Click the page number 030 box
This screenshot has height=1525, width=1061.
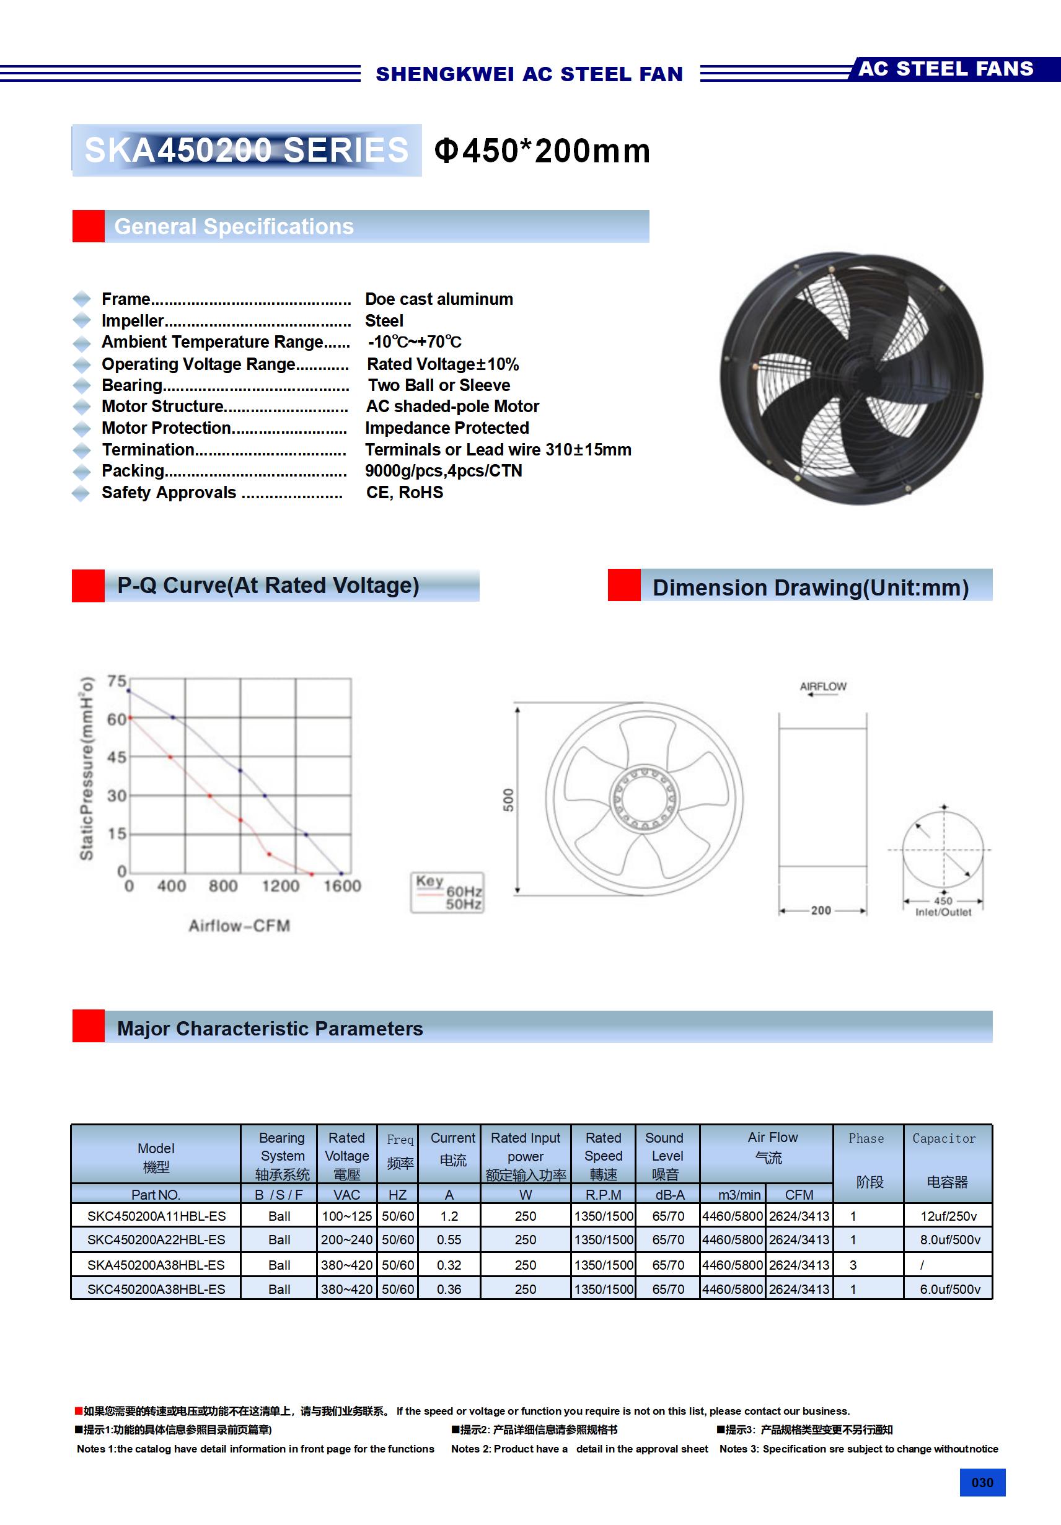[x=982, y=1482]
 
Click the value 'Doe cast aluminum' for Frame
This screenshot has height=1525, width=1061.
[x=439, y=299]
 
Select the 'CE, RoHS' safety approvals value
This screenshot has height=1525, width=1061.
[x=404, y=492]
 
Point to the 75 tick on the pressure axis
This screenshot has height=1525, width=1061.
[x=117, y=681]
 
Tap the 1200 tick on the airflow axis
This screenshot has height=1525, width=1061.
[x=280, y=886]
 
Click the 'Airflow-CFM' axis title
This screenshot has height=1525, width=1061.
[x=239, y=925]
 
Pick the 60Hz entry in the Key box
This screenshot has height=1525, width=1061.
[x=464, y=890]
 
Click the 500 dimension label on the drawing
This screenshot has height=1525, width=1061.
[x=508, y=800]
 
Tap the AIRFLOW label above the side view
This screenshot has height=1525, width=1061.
[x=822, y=686]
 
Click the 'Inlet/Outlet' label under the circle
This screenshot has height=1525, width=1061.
[x=943, y=912]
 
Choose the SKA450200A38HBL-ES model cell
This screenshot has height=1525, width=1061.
[x=156, y=1265]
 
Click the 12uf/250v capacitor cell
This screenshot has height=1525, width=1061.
[x=948, y=1216]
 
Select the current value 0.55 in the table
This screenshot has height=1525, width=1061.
[x=449, y=1239]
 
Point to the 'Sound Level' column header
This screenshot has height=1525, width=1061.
[x=666, y=1156]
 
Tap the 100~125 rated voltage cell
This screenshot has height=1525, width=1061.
[x=346, y=1216]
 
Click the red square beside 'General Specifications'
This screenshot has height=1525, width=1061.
[x=89, y=227]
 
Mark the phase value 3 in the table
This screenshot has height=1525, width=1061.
[x=853, y=1265]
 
